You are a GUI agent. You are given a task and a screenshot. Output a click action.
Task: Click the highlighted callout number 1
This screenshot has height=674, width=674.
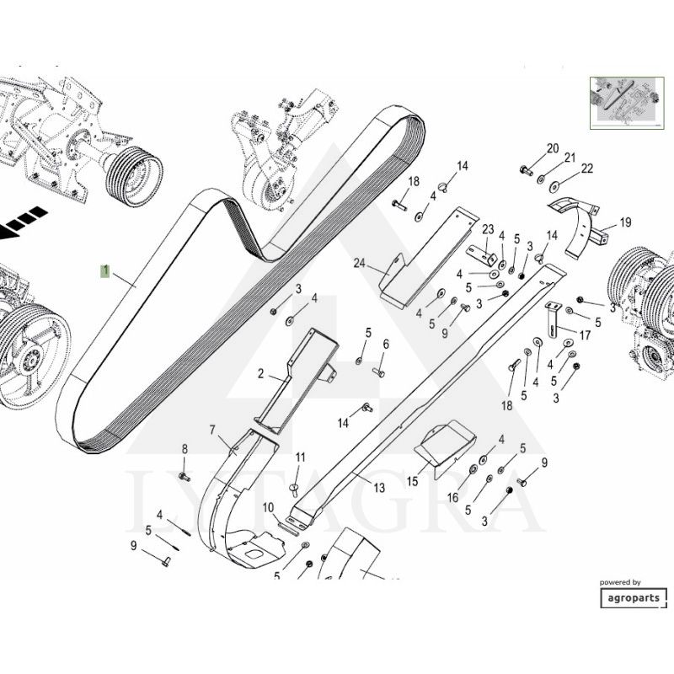pos(104,271)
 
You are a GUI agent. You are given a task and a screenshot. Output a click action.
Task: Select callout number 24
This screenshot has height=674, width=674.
pos(360,264)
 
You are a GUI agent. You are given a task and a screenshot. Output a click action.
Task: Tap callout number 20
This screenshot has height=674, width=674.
pos(553,149)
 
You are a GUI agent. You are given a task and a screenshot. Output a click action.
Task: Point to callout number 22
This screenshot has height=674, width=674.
pos(588,168)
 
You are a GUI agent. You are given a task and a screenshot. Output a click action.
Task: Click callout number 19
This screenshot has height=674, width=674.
pos(625,222)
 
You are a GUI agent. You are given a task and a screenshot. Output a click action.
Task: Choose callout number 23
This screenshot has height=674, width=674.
pos(487,229)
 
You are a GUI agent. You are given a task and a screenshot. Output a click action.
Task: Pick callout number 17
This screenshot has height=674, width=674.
pos(585,334)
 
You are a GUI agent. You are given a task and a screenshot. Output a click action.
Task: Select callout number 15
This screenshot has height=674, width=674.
pos(413,481)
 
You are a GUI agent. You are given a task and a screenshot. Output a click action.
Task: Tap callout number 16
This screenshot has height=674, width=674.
pos(452,497)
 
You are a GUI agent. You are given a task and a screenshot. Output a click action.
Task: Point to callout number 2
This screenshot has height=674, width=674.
pos(261,372)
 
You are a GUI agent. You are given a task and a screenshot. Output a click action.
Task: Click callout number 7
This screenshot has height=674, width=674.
pos(213,431)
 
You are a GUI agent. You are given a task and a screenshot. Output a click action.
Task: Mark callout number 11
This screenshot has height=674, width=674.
pos(299,457)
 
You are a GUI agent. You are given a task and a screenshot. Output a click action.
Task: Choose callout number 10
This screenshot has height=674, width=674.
pos(268,507)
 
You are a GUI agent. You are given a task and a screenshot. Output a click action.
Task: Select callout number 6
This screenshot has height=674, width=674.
pos(386,344)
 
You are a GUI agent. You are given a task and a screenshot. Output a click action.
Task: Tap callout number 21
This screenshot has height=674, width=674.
pos(570,158)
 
